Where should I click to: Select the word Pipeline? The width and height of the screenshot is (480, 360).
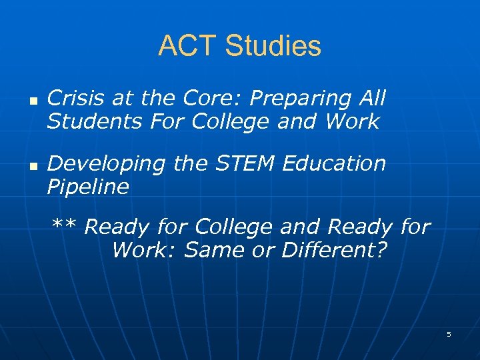87,187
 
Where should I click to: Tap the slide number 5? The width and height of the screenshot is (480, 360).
449,334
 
